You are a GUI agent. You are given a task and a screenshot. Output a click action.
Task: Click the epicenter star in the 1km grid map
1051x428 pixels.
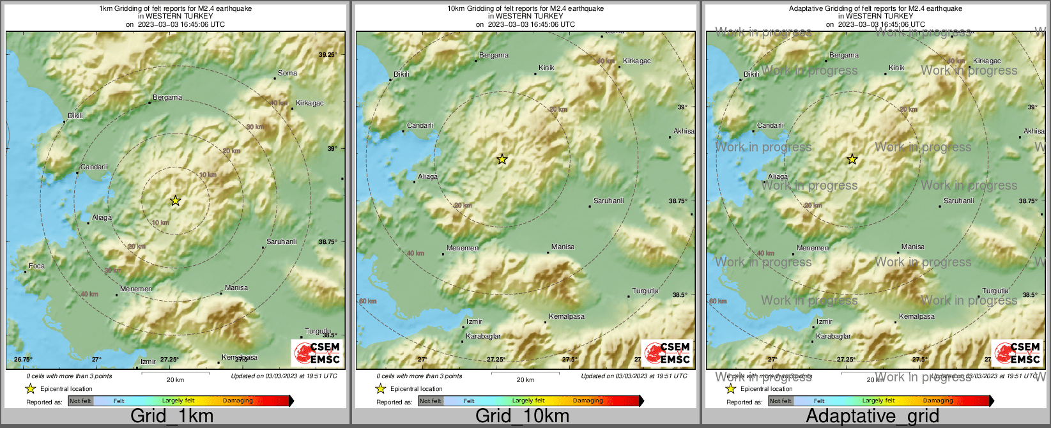click(176, 201)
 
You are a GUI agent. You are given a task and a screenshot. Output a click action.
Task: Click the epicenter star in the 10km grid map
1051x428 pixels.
click(502, 159)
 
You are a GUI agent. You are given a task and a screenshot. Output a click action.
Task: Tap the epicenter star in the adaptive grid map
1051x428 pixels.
click(852, 159)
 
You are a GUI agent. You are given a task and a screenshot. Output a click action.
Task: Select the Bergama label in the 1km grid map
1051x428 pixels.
click(167, 98)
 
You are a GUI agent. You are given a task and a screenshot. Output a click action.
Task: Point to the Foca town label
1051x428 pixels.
click(36, 266)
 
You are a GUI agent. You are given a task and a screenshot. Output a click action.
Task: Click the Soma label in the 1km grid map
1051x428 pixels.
click(288, 73)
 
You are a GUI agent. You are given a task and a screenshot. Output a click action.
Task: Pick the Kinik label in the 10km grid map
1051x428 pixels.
click(546, 68)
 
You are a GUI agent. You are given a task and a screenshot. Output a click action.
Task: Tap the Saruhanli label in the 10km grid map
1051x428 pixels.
click(608, 201)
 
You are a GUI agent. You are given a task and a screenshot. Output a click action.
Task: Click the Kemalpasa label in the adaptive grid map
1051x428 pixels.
click(916, 316)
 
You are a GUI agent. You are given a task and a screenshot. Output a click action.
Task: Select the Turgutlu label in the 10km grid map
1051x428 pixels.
click(645, 291)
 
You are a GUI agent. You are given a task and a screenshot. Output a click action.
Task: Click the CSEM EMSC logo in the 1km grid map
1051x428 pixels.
click(317, 353)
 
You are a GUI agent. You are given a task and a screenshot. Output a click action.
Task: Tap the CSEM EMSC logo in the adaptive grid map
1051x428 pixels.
click(1017, 353)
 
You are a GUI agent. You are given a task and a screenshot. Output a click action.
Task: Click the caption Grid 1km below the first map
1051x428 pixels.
click(172, 417)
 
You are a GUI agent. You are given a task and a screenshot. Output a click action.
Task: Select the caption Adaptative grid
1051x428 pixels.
click(872, 417)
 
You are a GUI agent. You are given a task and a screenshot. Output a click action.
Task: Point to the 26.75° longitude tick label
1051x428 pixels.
click(23, 359)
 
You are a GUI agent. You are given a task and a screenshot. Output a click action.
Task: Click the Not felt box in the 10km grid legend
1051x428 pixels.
click(430, 401)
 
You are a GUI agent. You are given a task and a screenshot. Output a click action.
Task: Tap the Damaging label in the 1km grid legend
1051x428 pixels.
click(238, 401)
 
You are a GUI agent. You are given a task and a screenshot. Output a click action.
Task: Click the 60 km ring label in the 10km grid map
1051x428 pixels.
click(368, 301)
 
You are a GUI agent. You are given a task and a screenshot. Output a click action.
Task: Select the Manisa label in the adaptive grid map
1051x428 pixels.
click(912, 247)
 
